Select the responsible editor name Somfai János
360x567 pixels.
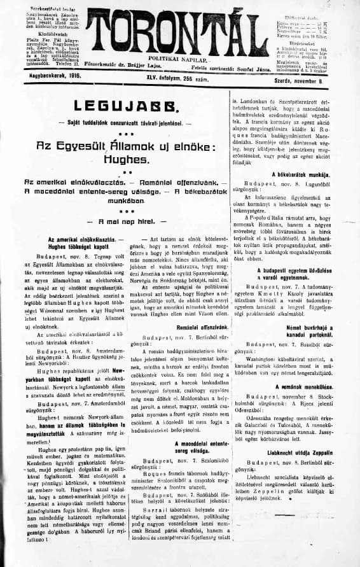click(x=244, y=67)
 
